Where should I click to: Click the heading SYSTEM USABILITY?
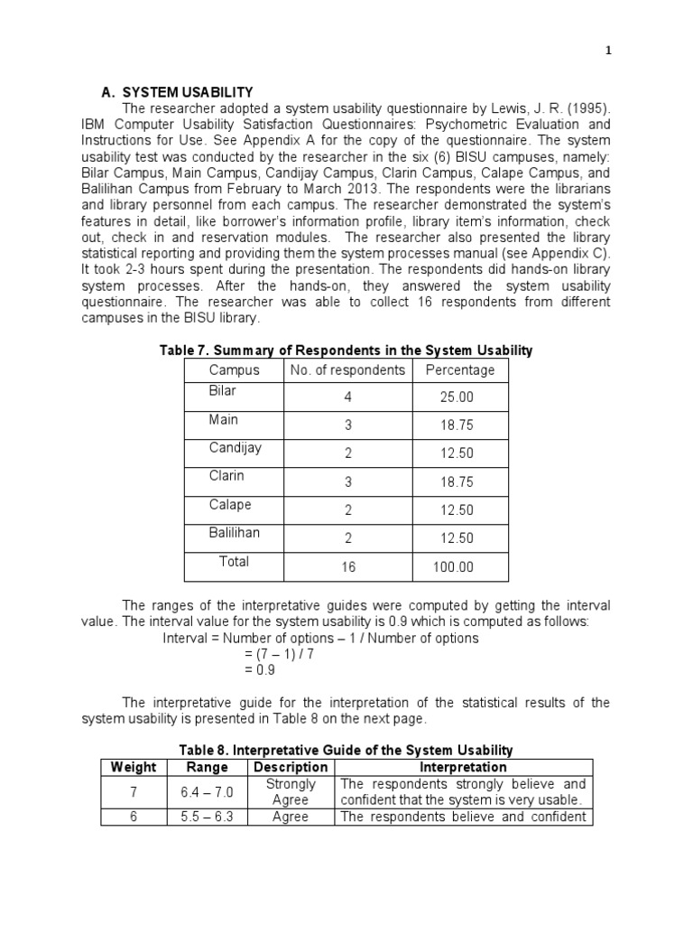pyautogui.click(x=188, y=92)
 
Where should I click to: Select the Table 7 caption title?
pyautogui.click(x=346, y=350)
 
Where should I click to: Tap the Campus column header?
pyautogui.click(x=234, y=370)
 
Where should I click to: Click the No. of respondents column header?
pyautogui.click(x=347, y=370)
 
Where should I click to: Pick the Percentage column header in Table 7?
pyautogui.click(x=460, y=370)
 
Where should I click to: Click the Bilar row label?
pyautogui.click(x=223, y=391)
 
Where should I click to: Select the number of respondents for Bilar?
pyautogui.click(x=347, y=397)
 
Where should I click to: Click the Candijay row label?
pyautogui.click(x=235, y=448)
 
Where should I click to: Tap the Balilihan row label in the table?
pyautogui.click(x=235, y=533)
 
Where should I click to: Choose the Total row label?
pyautogui.click(x=234, y=562)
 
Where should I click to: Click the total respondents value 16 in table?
pyautogui.click(x=347, y=567)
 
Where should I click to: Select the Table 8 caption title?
pyautogui.click(x=346, y=750)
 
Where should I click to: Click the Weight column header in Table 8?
pyautogui.click(x=134, y=767)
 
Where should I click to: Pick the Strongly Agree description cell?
pyautogui.click(x=290, y=792)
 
